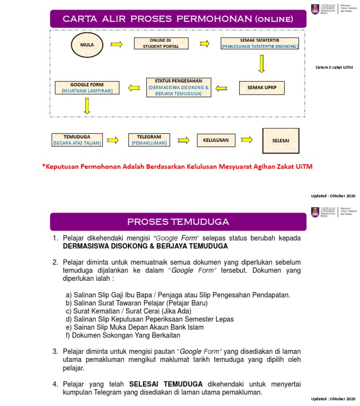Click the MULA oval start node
[87, 45]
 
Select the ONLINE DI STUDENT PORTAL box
[161, 44]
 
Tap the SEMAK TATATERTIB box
[260, 44]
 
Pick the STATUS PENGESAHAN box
[178, 87]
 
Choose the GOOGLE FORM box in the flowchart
[87, 88]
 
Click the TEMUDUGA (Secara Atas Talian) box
[77, 140]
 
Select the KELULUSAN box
[216, 140]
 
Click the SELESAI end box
[281, 140]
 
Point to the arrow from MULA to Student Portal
[116, 45]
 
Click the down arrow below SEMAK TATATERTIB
[262, 64]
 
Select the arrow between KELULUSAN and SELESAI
[247, 140]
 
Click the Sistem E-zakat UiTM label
[334, 68]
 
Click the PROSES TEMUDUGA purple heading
[178, 222]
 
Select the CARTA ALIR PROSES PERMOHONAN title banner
[178, 19]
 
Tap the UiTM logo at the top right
[315, 9]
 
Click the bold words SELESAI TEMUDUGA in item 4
[166, 383]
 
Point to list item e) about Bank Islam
[135, 327]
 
